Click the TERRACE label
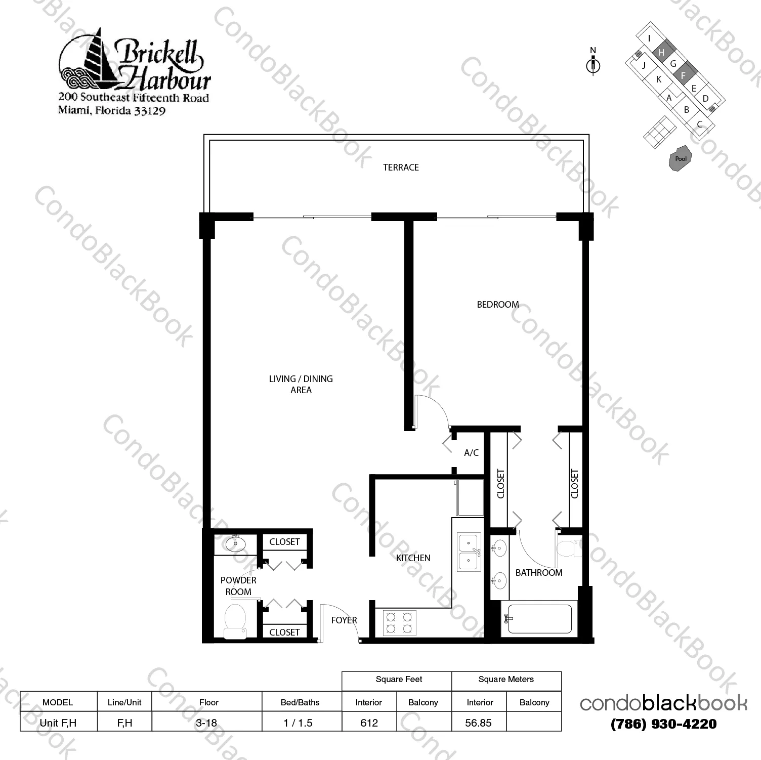(401, 167)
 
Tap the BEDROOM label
(498, 305)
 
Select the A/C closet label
(471, 453)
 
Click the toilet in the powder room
(234, 620)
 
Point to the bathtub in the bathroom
(539, 619)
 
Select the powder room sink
(235, 543)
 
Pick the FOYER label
(344, 620)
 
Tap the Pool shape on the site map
(681, 159)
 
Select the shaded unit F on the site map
(685, 74)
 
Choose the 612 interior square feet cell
(369, 723)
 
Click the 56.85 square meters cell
(479, 723)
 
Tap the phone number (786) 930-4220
(664, 724)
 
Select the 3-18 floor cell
(206, 723)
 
